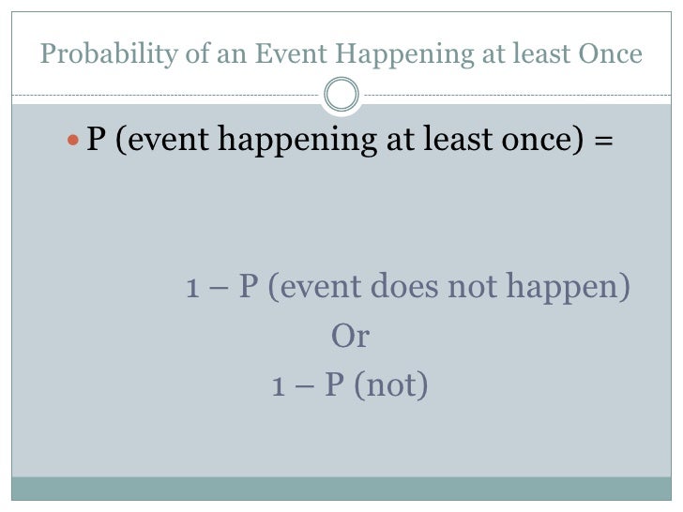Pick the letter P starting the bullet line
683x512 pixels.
pos(96,141)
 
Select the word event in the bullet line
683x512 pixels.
pos(171,142)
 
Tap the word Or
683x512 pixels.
pos(350,337)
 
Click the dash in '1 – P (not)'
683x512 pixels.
pos(305,386)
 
